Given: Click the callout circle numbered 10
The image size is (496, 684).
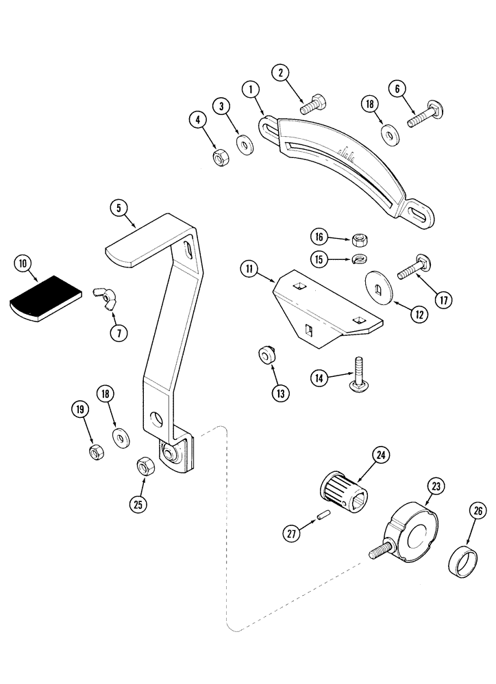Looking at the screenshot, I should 23,264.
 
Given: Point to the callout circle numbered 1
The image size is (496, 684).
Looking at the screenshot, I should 250,90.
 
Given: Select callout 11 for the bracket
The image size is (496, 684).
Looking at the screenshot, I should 249,269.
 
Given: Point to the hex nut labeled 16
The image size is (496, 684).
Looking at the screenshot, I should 358,239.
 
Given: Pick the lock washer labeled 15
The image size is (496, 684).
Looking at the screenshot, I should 358,259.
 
